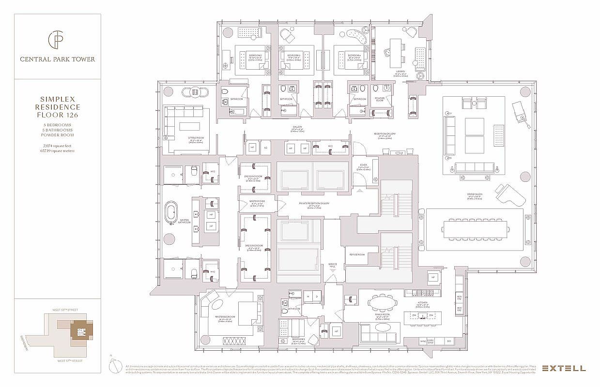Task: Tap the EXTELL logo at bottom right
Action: point(563,368)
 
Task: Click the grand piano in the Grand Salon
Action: point(510,195)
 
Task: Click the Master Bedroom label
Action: point(225,318)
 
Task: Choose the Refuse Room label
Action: point(354,254)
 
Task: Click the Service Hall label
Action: point(332,265)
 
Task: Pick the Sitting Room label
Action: point(195,138)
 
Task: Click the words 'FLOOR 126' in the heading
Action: point(57,115)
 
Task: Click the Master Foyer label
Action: point(257,202)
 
